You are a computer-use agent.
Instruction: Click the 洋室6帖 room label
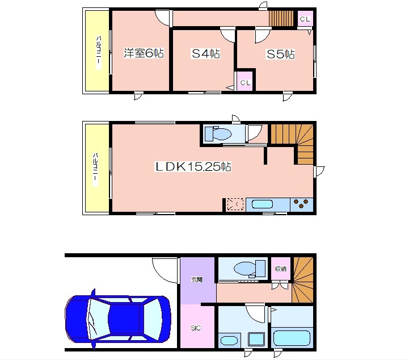pos(144,53)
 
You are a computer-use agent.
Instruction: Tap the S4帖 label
pos(206,54)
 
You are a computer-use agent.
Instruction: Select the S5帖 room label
pos(281,55)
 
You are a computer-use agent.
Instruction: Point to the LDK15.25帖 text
pos(193,166)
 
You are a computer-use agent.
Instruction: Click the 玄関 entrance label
pos(197,279)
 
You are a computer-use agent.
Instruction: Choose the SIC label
pos(196,328)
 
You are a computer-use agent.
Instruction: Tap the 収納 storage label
pos(281,269)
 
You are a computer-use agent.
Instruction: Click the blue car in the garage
pos(118,319)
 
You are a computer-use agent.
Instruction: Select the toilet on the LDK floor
pos(218,133)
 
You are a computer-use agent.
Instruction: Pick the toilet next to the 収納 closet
pos(250,269)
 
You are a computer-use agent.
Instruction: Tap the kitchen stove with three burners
pos(302,205)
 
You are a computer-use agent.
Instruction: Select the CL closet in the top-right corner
pos(305,19)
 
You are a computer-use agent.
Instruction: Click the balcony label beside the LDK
pos(95,169)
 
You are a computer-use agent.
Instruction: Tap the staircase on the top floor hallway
pos(281,18)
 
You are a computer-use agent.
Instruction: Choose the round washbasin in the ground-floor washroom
pos(229,341)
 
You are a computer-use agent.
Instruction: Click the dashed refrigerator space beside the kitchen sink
pos(235,204)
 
